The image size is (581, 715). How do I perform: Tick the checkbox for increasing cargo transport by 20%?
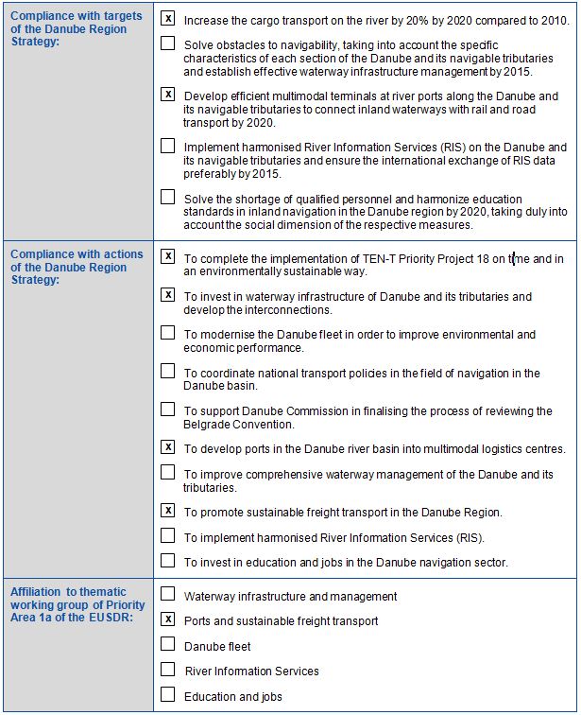[168, 18]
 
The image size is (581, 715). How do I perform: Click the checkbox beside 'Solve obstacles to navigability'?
[168, 44]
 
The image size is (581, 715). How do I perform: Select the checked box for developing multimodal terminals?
[168, 95]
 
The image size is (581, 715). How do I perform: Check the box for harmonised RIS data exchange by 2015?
[168, 146]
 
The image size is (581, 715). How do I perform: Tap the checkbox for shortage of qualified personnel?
[168, 197]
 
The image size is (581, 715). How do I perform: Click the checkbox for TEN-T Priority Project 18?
[168, 256]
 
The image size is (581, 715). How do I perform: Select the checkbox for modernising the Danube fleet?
[168, 333]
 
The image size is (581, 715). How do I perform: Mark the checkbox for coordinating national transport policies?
[168, 372]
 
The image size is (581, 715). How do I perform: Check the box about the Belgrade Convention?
[168, 410]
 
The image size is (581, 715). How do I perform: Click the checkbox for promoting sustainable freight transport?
[168, 511]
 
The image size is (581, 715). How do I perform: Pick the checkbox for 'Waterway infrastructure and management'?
[168, 595]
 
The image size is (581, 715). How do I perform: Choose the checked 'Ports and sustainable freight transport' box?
[168, 619]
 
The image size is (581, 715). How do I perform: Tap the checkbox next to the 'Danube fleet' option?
[168, 644]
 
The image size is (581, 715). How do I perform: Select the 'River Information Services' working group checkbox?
[168, 669]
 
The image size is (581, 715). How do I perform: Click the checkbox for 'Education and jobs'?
[168, 695]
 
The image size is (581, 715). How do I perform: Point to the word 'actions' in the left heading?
[124, 254]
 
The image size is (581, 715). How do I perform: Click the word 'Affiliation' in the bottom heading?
[36, 593]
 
